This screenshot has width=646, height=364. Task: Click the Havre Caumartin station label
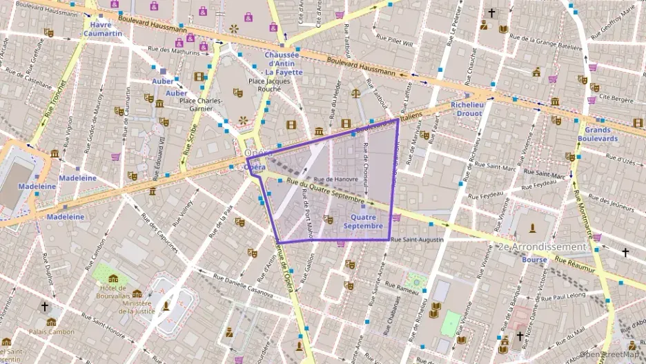point(106,28)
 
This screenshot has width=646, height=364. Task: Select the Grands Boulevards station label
point(598,134)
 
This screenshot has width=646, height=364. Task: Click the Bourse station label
point(535,260)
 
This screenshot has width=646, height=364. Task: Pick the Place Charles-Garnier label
point(201,105)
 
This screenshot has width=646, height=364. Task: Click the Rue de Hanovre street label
point(336,179)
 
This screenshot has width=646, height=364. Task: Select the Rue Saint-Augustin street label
point(417,240)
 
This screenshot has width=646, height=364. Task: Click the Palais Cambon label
point(52,332)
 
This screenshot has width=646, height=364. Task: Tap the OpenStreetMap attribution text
point(612,354)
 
